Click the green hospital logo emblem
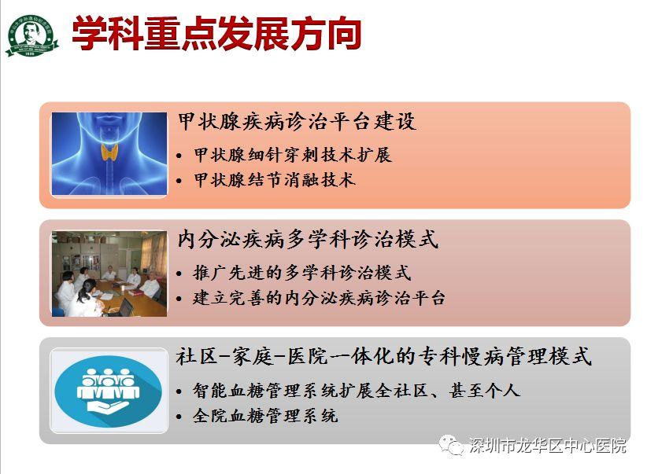(31, 35)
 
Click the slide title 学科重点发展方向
(216, 34)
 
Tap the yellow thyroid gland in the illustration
(109, 152)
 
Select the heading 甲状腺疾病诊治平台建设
(297, 122)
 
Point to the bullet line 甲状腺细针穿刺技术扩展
(293, 155)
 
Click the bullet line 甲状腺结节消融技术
(275, 180)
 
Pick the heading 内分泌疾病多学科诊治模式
(308, 239)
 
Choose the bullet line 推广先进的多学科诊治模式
(302, 273)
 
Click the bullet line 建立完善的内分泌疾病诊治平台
(319, 298)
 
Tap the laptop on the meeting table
(125, 307)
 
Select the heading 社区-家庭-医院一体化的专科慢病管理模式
(384, 357)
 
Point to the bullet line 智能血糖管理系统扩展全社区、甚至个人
(357, 391)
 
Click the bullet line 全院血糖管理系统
(265, 416)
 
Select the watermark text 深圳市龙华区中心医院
(548, 446)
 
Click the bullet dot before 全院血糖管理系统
(179, 417)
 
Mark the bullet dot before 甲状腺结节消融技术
(179, 181)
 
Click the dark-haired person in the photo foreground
(86, 299)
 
